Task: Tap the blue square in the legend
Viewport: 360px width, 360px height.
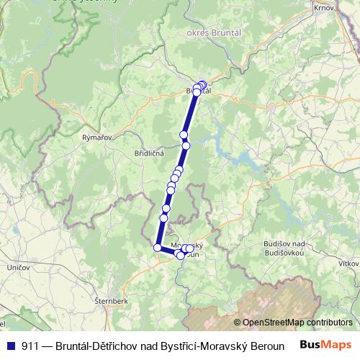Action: (x=10, y=345)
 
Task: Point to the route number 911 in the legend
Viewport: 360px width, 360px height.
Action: (x=30, y=345)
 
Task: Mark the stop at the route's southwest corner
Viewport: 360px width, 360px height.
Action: (x=158, y=248)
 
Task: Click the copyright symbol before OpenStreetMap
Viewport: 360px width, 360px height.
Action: (x=238, y=323)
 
